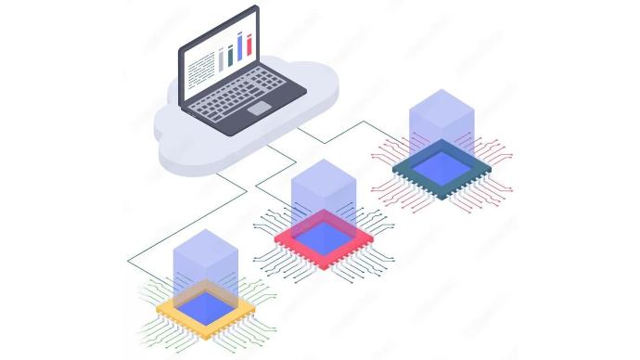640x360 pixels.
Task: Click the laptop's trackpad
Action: [x=259, y=109]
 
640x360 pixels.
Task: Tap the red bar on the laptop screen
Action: [x=250, y=44]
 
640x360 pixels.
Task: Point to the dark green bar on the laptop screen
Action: [x=230, y=55]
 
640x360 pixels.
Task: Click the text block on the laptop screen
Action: [x=199, y=68]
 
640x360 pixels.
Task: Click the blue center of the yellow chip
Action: [x=206, y=303]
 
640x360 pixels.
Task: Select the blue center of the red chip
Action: [x=324, y=236]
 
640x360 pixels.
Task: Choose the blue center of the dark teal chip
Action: [x=442, y=166]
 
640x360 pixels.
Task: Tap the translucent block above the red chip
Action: [x=324, y=190]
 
